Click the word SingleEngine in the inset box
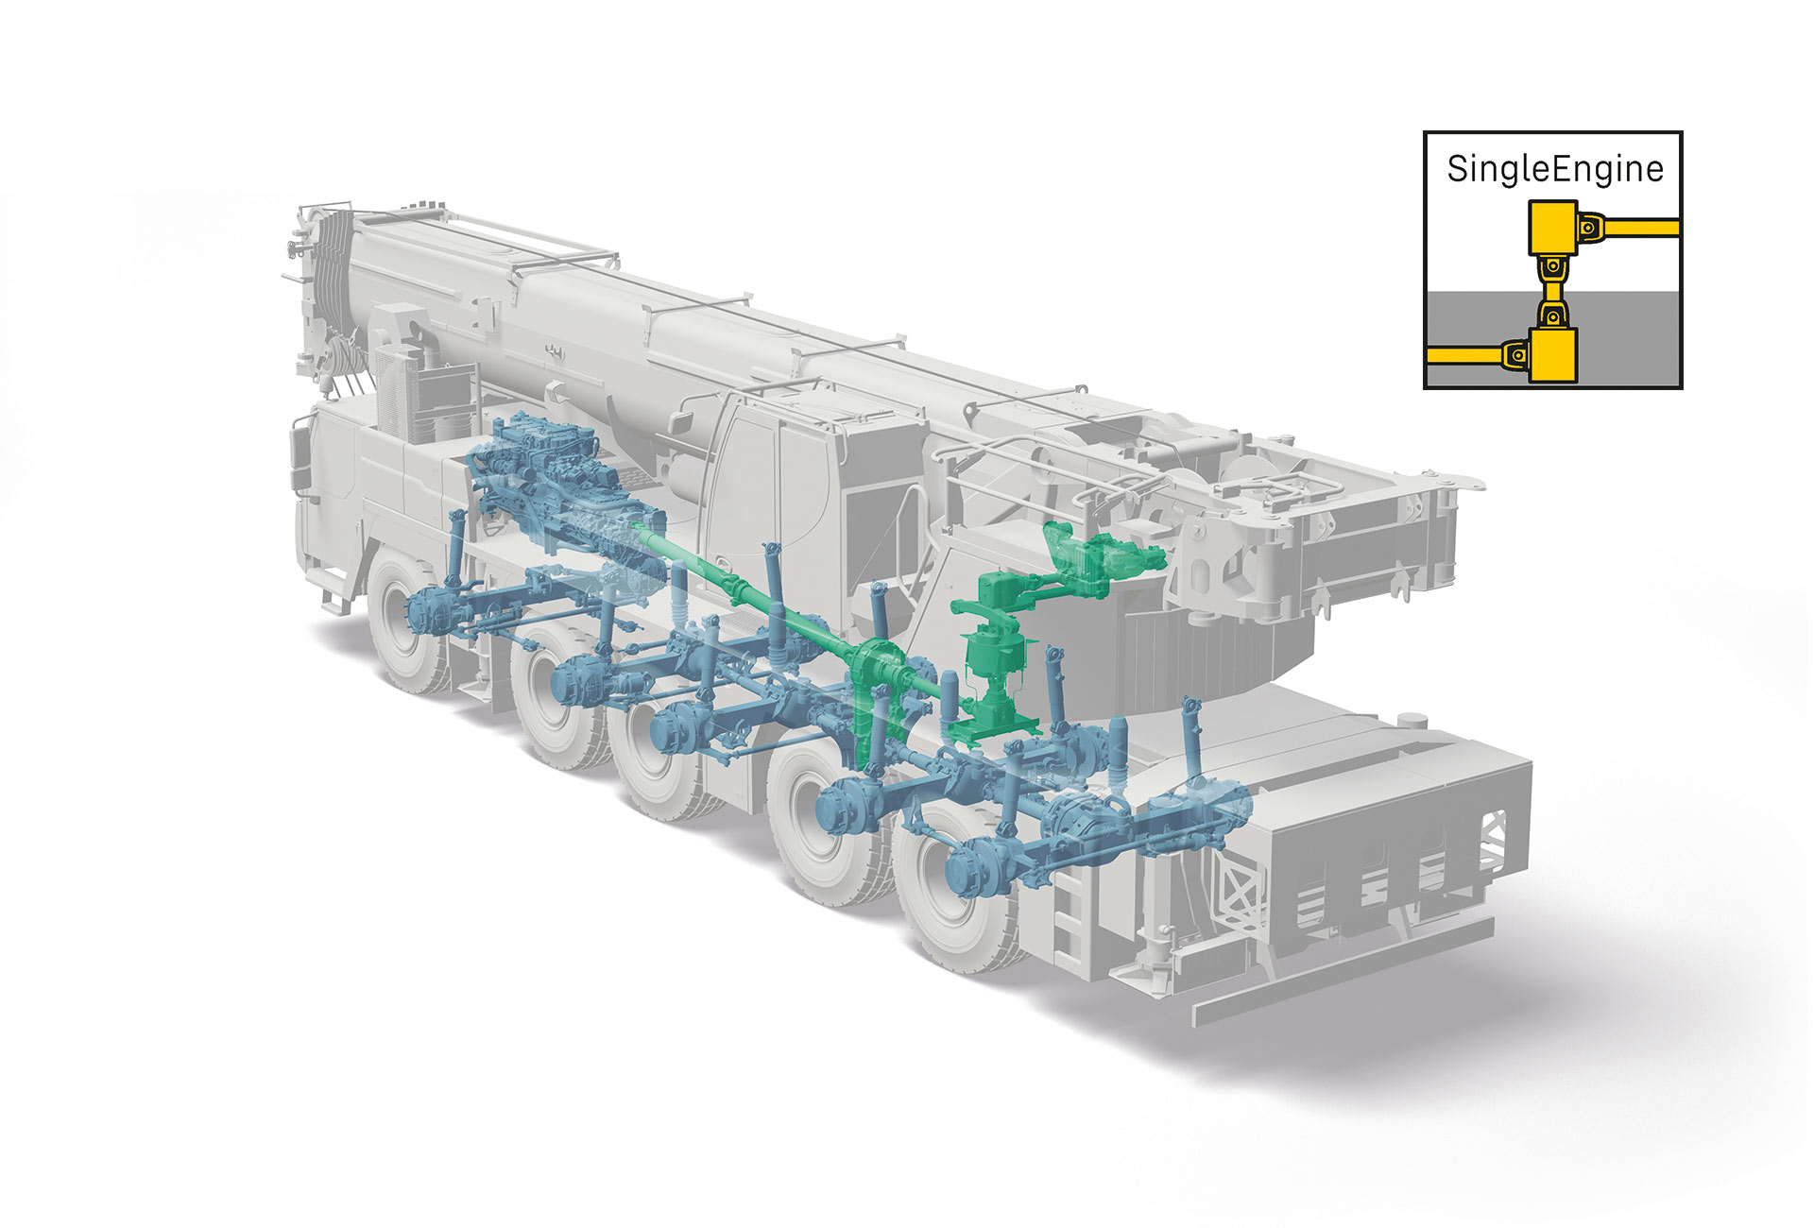click(x=1554, y=169)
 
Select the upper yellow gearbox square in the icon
click(x=1553, y=227)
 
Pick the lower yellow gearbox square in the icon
click(x=1553, y=354)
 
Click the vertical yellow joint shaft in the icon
click(x=1553, y=291)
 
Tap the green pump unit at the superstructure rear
click(x=1105, y=557)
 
